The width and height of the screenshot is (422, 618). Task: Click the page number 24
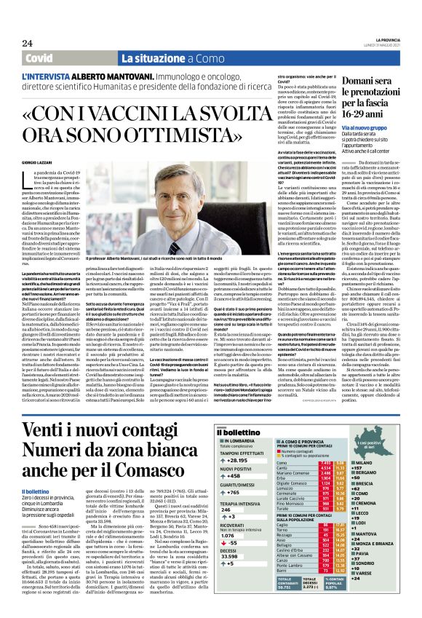pyautogui.click(x=27, y=44)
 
